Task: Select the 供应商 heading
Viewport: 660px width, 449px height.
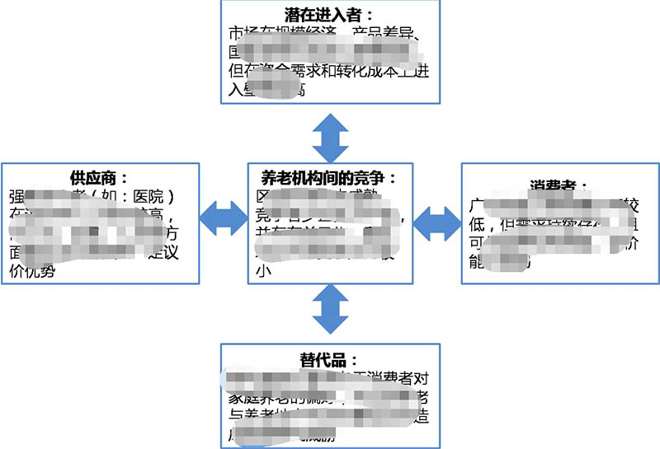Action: click(x=100, y=178)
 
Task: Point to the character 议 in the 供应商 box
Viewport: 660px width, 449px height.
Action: click(x=189, y=254)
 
